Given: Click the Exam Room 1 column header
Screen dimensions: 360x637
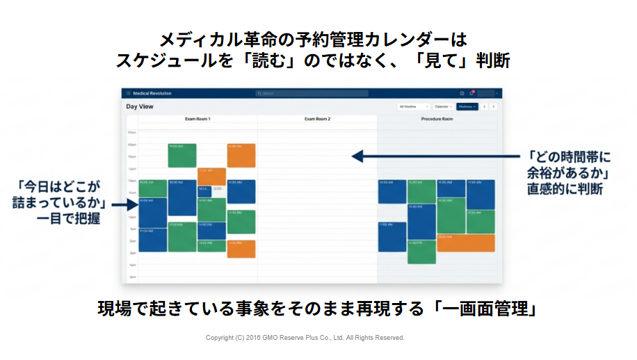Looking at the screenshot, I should coord(197,119).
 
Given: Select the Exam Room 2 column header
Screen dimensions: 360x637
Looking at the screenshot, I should coord(317,119).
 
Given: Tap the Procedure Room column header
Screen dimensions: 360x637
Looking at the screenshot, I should coord(437,119).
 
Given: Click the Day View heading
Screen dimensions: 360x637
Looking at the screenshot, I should coord(140,106).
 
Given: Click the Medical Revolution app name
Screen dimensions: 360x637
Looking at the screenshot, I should coord(152,93).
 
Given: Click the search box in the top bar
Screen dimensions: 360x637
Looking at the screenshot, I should coord(312,93).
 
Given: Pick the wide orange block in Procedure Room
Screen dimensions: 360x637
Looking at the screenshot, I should coord(465,243).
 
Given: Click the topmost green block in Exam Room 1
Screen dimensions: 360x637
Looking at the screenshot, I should coord(182,155).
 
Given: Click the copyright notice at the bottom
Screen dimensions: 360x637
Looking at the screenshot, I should coord(305,338).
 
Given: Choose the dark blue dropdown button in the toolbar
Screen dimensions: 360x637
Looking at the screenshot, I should coord(467,106).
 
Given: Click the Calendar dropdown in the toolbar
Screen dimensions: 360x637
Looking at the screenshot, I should coord(442,106).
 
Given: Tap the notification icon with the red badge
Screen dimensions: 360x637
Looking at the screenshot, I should coord(471,93).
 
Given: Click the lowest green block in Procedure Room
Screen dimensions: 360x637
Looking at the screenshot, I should coord(421,252).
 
